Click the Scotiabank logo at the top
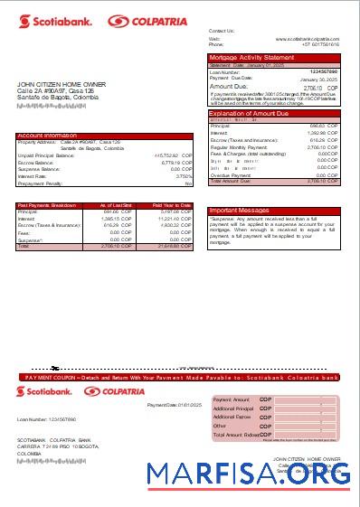click(52, 21)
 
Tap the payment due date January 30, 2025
click(318, 79)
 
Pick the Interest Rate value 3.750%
click(184, 176)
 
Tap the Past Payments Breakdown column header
click(47, 206)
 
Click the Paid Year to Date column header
click(171, 206)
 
